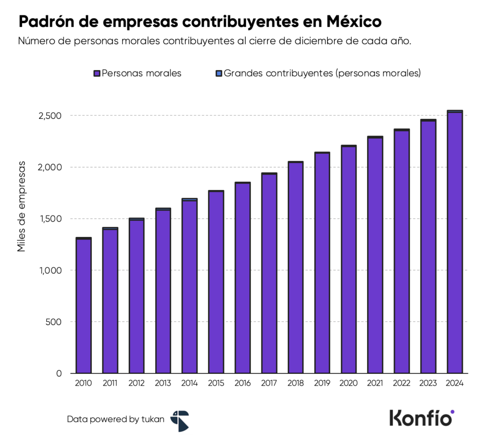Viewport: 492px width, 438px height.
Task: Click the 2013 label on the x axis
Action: [163, 383]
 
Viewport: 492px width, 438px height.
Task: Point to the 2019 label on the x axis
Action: [322, 383]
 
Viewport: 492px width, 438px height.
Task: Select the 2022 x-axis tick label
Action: [401, 383]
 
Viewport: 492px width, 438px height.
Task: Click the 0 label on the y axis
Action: [59, 373]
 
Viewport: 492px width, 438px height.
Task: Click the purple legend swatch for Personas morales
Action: [97, 74]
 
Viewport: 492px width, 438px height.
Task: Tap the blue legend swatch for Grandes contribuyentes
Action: [219, 74]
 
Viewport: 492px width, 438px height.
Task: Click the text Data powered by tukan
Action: [115, 419]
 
